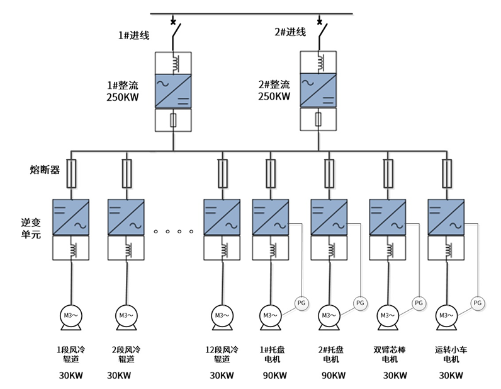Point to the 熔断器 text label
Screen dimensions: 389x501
(45, 170)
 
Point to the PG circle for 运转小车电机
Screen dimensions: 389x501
(478, 303)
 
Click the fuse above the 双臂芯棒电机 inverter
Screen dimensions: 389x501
(388, 173)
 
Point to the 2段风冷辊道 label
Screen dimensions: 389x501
(126, 354)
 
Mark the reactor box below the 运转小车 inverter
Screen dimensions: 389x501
(446, 248)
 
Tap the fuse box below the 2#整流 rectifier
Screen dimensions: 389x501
(319, 119)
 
